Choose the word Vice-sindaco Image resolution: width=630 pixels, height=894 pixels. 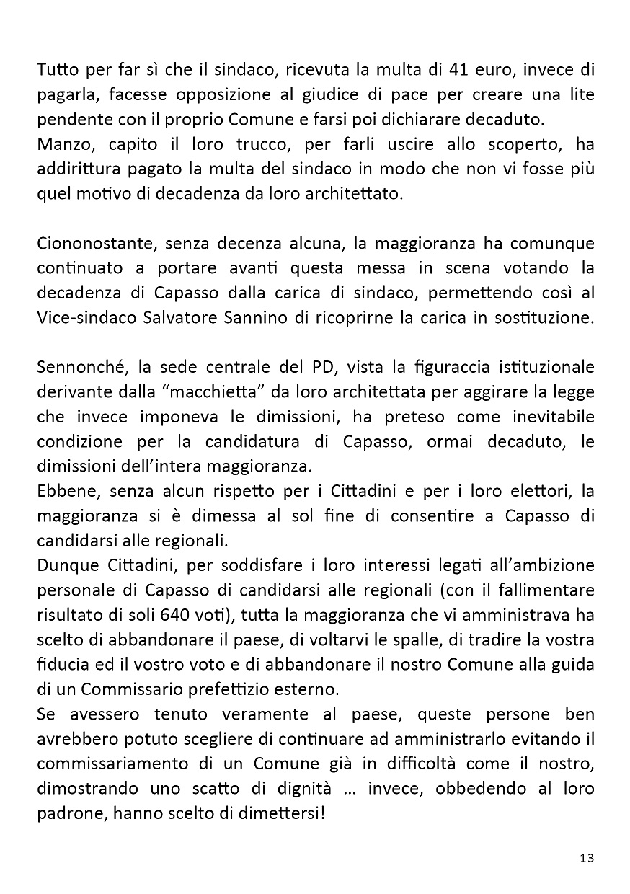pos(81,319)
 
